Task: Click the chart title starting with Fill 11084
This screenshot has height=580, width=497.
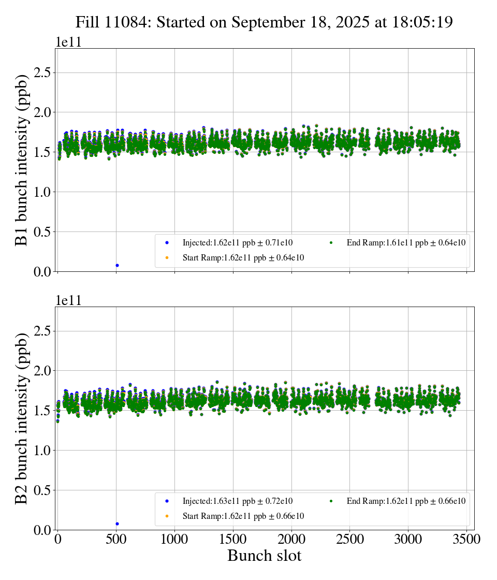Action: (x=264, y=22)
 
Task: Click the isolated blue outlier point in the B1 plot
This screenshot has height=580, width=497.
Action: (x=117, y=265)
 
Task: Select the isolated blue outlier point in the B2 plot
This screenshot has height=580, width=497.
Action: (x=117, y=524)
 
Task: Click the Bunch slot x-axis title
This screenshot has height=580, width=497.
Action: (x=264, y=556)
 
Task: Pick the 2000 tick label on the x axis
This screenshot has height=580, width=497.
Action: (x=291, y=539)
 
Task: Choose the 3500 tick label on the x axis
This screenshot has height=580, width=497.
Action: (x=466, y=539)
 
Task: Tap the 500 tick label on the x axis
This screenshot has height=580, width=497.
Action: (x=116, y=539)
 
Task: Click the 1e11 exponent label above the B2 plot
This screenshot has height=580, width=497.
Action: (x=68, y=301)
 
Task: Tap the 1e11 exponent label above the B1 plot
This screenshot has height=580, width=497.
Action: (x=68, y=42)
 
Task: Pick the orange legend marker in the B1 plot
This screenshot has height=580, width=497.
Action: (x=167, y=257)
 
